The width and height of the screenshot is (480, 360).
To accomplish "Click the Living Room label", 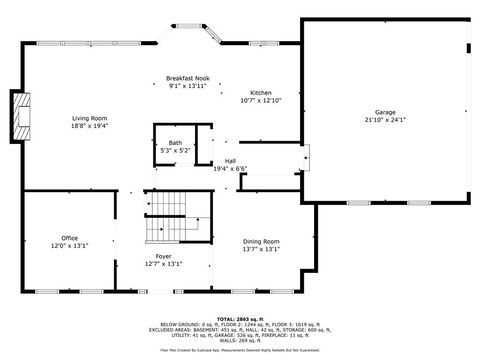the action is [90, 119].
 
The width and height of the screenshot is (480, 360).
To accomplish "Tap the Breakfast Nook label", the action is [188, 78].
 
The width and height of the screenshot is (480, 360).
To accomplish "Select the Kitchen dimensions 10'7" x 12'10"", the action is [261, 100].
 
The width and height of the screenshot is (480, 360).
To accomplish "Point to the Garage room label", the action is [385, 112].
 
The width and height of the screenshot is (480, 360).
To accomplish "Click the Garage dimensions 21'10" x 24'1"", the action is [385, 120].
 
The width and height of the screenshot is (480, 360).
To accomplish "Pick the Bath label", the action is [175, 143].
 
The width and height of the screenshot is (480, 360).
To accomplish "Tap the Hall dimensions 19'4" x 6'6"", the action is [230, 169].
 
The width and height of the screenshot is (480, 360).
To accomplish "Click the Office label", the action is [69, 238].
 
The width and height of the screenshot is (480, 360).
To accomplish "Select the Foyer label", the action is [164, 256].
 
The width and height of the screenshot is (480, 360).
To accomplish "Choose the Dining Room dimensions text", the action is [261, 249].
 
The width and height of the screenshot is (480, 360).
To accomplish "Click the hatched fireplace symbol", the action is [22, 116].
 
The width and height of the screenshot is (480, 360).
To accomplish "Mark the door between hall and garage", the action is [307, 157].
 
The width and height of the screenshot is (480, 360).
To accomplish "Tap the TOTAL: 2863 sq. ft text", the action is [240, 319].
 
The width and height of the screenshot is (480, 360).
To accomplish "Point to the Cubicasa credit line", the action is [240, 350].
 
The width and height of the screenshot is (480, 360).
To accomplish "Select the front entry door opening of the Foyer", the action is [160, 292].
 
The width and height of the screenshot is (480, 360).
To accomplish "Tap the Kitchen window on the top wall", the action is [264, 43].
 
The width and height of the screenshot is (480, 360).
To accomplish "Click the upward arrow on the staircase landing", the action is [198, 220].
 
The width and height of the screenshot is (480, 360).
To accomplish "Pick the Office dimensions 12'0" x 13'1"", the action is [69, 246].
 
